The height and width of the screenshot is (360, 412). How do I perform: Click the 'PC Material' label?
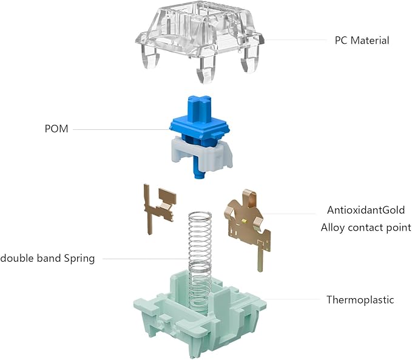362,41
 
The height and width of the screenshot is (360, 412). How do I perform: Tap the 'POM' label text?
56,129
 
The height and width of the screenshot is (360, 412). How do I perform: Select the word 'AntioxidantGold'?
366,210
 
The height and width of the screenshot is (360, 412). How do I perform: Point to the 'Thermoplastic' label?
360,299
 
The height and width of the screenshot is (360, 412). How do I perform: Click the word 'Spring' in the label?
79,259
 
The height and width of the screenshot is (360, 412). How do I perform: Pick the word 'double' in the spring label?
17,258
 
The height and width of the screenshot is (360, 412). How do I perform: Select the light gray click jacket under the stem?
200,155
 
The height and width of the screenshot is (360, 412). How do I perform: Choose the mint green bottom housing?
200,313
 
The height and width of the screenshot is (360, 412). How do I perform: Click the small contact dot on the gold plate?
245,220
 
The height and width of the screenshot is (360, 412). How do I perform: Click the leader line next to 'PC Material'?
295,40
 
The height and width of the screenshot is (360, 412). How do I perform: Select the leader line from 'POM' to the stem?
121,129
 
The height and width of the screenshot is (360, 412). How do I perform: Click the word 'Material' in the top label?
370,41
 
